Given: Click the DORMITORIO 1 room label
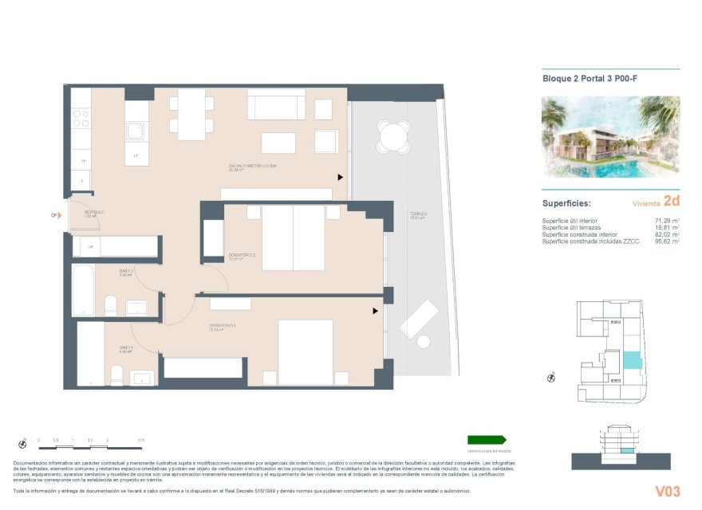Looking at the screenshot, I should pos(223,325).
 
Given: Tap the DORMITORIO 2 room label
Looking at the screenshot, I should pos(242,255).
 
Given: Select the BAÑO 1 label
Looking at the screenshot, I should pos(126,347).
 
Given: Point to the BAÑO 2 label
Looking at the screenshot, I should pos(126,272).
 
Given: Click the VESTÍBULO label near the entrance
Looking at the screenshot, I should pos(95,213).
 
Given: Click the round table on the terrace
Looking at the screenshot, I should pos(393,137).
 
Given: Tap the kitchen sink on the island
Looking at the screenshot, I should pos(136,131).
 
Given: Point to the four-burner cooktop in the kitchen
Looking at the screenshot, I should pos(81,119).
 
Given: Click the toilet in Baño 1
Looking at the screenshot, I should pos(116,375).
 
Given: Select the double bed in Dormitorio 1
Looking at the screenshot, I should pos(306,351).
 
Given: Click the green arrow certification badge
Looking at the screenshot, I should pos(487,440).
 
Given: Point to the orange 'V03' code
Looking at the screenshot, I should pos(667,491).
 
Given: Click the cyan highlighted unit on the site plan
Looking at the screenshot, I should pos(631,359).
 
